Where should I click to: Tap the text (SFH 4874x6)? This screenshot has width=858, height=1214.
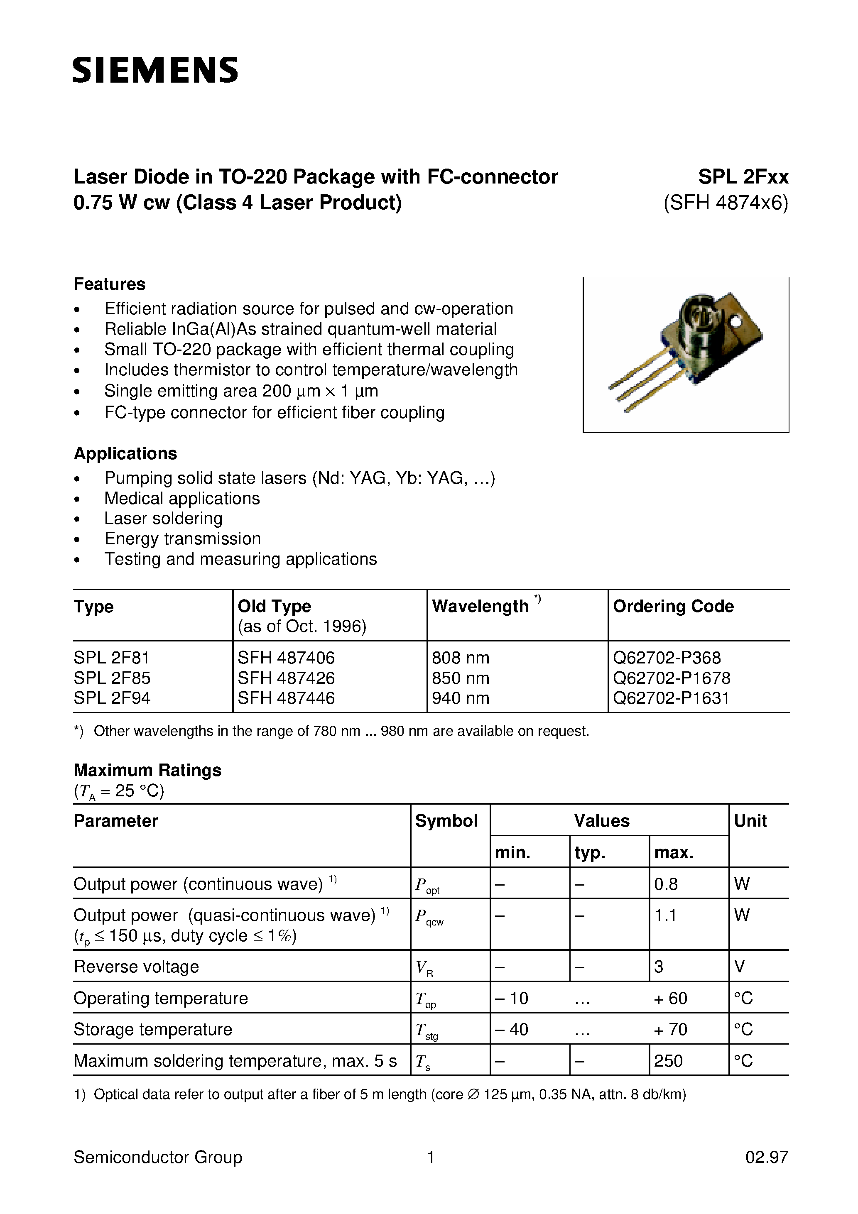726,203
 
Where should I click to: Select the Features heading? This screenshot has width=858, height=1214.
110,284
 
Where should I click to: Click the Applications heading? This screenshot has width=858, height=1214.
125,453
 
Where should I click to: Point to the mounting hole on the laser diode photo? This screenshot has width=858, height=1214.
735,321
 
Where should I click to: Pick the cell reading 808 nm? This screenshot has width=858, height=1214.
460,657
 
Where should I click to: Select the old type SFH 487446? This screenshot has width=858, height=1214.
286,698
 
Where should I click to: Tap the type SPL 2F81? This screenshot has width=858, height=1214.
112,657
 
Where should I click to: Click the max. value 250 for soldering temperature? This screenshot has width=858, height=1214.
668,1061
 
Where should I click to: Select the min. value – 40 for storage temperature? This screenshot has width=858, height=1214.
512,1029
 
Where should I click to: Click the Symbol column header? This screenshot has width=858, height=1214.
446,821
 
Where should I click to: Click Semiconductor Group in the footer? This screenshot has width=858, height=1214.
158,1157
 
